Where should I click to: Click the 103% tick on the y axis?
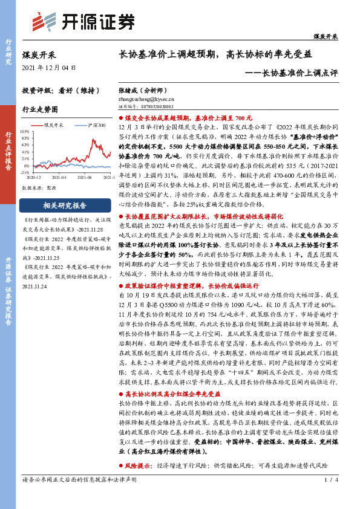(x=27, y=131)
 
